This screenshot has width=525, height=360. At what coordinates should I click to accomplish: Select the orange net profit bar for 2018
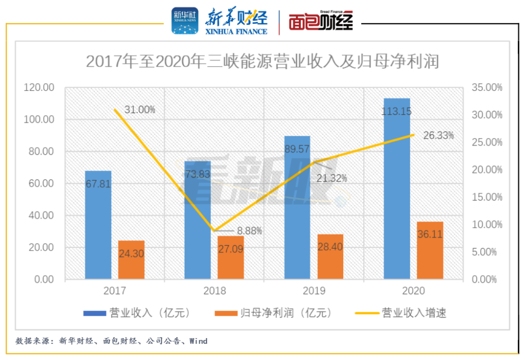[231, 257]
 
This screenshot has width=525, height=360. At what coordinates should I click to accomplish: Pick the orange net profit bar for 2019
[330, 256]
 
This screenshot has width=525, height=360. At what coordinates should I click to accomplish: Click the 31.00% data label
[140, 110]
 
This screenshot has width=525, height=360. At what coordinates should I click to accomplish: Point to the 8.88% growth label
[249, 231]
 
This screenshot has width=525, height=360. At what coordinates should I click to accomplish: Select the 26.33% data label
[438, 135]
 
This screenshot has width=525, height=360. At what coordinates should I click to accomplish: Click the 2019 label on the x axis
[314, 291]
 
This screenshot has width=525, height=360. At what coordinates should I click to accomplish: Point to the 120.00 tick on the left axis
[38, 88]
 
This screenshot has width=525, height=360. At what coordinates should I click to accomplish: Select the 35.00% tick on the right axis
[487, 88]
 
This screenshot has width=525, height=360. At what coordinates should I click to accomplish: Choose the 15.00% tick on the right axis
[487, 197]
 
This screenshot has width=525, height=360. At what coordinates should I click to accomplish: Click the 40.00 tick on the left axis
[40, 216]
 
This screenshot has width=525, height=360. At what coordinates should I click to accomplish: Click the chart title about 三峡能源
[262, 62]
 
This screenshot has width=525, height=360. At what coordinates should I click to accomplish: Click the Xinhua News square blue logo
[185, 20]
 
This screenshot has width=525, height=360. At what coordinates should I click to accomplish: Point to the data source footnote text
[111, 341]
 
